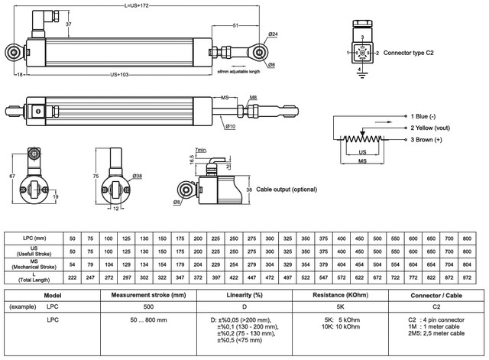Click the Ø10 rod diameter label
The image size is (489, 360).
(x=229, y=125)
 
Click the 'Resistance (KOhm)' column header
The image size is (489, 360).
(x=342, y=295)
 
